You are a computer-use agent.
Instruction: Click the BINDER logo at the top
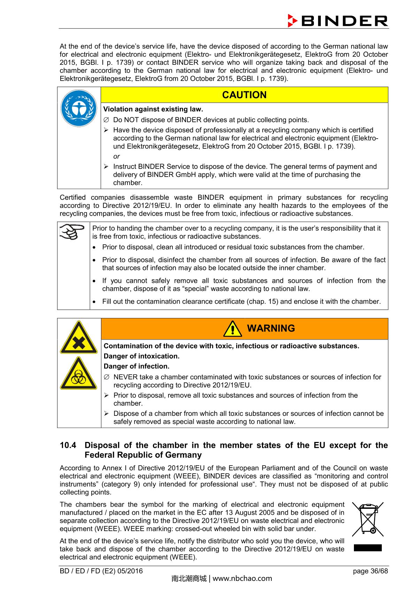[337, 21]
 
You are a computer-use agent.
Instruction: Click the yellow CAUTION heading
[244, 95]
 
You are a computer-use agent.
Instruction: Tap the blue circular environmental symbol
[79, 108]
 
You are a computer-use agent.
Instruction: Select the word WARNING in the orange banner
[271, 328]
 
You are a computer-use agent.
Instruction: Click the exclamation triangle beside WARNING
[233, 329]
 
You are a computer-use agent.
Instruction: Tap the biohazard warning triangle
[79, 374]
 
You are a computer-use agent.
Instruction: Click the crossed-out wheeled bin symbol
[367, 519]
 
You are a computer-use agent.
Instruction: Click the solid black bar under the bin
[368, 548]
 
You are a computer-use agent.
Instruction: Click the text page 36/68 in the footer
[370, 571]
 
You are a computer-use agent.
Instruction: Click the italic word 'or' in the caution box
[117, 156]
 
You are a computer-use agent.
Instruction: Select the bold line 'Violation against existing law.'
[153, 109]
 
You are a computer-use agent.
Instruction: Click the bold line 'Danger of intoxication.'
[142, 356]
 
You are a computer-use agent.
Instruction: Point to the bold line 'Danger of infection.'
[137, 366]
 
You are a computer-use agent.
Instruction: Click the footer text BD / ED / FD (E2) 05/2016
[101, 571]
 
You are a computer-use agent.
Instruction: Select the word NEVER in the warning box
[125, 377]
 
